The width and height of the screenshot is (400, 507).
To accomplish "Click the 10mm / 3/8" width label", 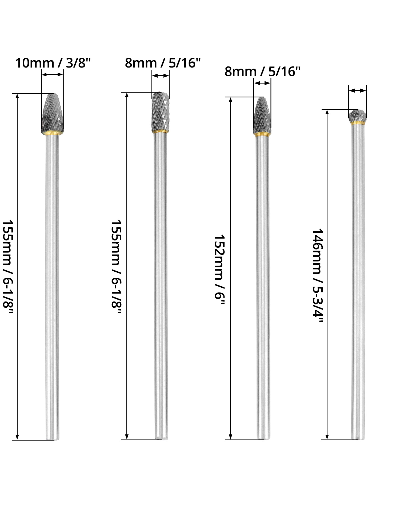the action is [53, 64].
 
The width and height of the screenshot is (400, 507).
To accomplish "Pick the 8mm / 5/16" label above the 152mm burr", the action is [262, 72].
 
